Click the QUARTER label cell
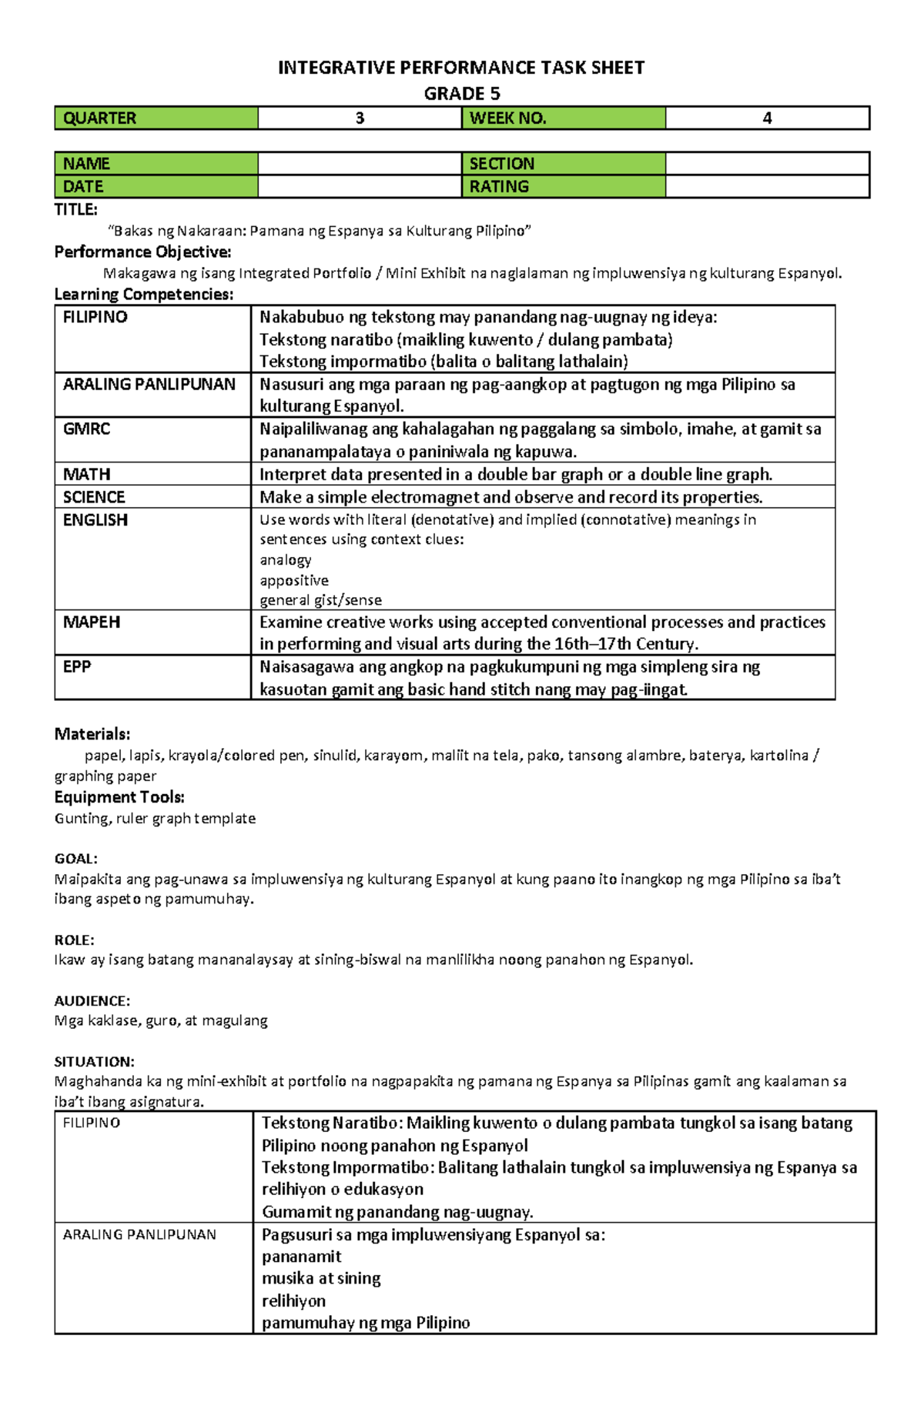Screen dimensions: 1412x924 tap(156, 118)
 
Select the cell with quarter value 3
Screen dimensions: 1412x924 tap(359, 118)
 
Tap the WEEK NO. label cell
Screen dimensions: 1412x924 tap(563, 118)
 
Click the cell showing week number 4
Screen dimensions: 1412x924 tap(767, 118)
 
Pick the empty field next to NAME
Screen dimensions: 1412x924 tap(359, 163)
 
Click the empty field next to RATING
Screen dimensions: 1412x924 tap(767, 186)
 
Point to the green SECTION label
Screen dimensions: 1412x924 tap(563, 163)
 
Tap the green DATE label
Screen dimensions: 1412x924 tap(156, 186)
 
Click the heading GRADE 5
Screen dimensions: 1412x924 tap(461, 94)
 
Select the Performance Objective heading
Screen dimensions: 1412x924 tap(142, 252)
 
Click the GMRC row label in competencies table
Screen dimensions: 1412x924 tap(86, 429)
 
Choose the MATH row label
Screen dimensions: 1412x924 tap(86, 474)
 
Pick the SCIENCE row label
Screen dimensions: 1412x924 tap(94, 497)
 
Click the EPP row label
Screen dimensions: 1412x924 tap(77, 666)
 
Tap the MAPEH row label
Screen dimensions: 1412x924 tap(91, 622)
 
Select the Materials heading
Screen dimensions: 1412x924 tap(92, 733)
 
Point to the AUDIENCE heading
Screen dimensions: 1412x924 tap(92, 1000)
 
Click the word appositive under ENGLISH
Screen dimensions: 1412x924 tap(293, 580)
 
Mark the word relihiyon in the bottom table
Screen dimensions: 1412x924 tap(293, 1300)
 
